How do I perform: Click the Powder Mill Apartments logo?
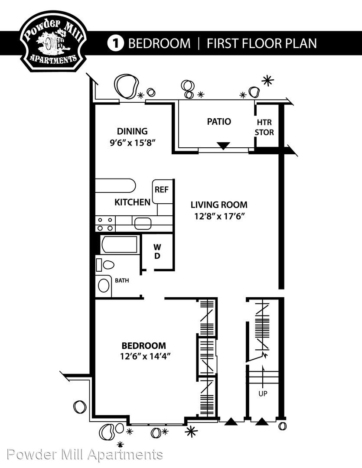[x=53, y=42]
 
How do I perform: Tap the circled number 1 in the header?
[x=115, y=44]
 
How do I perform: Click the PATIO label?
[x=219, y=121]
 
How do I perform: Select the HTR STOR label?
[x=264, y=127]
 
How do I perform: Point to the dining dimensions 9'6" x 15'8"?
[x=132, y=143]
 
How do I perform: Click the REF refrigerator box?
[x=163, y=192]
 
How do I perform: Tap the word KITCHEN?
[x=132, y=202]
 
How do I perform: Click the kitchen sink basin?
[x=143, y=224]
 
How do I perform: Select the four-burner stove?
[x=105, y=224]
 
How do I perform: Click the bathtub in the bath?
[x=119, y=244]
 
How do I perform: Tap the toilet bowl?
[x=108, y=264]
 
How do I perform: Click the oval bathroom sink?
[x=104, y=286]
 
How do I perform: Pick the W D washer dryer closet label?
[x=157, y=251]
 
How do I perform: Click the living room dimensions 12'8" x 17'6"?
[x=219, y=216]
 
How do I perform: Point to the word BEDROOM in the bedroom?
[x=143, y=346]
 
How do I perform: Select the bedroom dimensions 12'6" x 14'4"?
[x=145, y=356]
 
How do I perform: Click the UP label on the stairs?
[x=263, y=393]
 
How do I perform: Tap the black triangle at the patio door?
[x=223, y=146]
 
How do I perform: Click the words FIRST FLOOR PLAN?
[x=262, y=44]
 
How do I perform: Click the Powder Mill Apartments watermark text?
[x=85, y=455]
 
